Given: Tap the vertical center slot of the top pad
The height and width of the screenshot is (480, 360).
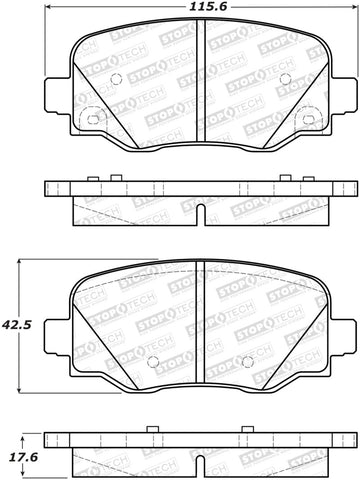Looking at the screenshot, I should point(200,90).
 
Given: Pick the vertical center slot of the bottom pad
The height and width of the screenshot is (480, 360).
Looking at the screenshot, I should point(200,330).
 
